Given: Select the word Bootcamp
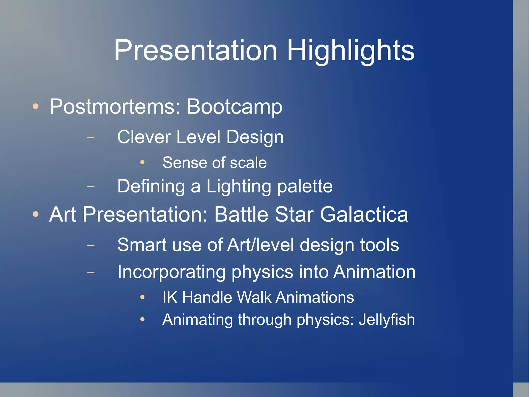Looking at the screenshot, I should tap(234, 107).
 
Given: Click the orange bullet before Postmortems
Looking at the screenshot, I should tap(36, 106).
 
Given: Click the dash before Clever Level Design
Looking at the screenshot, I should tap(91, 137).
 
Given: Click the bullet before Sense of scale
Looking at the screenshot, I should tap(142, 162).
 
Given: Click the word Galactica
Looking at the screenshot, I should tap(364, 214).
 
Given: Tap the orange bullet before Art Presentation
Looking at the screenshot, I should tap(36, 214).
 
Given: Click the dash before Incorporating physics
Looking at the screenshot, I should tap(91, 272).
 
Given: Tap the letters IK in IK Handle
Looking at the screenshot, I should tap(170, 297).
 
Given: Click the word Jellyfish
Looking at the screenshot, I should tap(386, 320).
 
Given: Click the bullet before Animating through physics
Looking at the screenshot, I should tap(142, 320).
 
